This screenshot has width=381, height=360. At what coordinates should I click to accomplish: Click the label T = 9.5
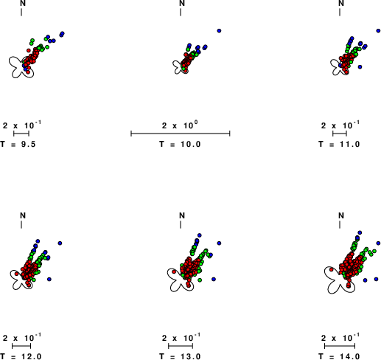[18, 144]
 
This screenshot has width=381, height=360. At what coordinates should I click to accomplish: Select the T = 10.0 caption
[180, 144]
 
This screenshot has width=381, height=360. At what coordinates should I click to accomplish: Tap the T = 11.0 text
[339, 144]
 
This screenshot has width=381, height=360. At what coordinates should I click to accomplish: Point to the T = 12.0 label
[21, 356]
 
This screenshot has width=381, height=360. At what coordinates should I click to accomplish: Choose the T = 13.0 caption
[180, 356]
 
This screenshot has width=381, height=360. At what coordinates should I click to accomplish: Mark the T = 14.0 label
[339, 356]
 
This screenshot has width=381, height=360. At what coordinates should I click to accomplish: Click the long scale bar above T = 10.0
[181, 134]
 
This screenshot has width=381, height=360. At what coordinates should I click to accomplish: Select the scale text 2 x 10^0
[180, 125]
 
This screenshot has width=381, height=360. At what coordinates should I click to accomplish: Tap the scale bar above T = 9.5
[21, 134]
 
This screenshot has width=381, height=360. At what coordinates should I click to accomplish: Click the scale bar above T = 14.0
[340, 346]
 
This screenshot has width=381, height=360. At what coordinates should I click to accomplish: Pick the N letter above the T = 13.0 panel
[182, 215]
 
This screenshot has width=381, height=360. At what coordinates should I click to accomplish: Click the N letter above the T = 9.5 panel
[23, 3]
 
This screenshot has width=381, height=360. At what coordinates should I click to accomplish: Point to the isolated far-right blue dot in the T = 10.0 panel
[219, 31]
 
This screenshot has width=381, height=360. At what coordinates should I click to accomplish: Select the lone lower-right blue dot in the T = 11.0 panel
[360, 66]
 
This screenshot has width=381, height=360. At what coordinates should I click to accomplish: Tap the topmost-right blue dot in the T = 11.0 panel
[378, 31]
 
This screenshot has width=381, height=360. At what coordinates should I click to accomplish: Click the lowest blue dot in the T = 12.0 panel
[49, 279]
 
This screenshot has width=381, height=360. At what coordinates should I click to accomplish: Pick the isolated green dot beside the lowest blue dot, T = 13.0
[200, 280]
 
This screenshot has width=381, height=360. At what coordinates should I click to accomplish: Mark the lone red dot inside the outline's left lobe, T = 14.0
[331, 269]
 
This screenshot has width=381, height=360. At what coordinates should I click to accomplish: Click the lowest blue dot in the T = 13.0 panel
[214, 279]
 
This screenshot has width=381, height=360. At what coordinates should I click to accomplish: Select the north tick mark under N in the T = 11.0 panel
[340, 13]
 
